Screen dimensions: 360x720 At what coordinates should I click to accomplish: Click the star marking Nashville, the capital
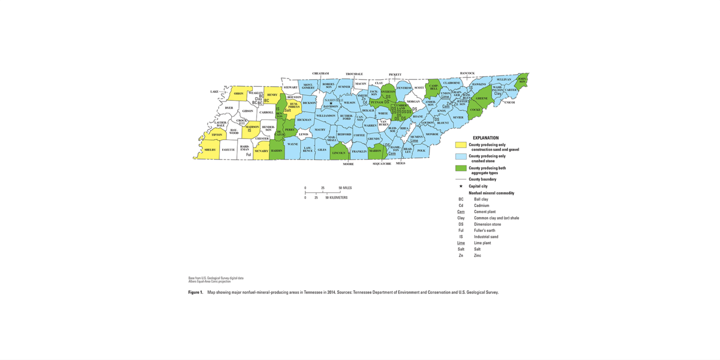tap(331, 103)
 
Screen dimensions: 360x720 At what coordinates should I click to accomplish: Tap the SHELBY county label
tap(210, 150)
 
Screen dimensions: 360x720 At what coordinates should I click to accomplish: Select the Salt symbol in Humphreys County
tap(287, 110)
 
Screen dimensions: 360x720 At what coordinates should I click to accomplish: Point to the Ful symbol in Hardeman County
tap(248, 155)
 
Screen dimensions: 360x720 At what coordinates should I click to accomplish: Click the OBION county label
tap(238, 94)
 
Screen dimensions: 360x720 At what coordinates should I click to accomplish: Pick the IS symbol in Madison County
tap(250, 130)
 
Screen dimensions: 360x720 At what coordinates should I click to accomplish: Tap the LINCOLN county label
tap(338, 153)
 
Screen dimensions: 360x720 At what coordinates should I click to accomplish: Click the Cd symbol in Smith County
tap(365, 102)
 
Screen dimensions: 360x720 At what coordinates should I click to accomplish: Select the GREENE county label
tap(482, 99)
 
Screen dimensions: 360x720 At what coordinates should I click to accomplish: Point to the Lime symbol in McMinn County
tap(414, 141)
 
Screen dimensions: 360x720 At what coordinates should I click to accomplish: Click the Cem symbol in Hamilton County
tap(392, 154)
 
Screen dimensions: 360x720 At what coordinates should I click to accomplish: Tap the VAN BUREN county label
tap(384, 123)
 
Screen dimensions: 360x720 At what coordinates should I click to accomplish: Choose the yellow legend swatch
tap(461, 145)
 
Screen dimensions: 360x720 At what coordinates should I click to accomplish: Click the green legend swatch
tap(461, 168)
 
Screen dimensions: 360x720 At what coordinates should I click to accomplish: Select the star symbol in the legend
tap(461, 186)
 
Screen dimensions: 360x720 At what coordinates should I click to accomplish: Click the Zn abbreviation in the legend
tap(461, 255)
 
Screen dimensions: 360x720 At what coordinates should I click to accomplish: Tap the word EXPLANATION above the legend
tap(486, 138)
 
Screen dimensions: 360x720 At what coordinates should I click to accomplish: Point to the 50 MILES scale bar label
tap(345, 188)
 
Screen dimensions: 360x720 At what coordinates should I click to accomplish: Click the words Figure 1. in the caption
tap(196, 293)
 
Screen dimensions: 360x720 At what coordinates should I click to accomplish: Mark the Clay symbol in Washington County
tap(497, 94)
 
